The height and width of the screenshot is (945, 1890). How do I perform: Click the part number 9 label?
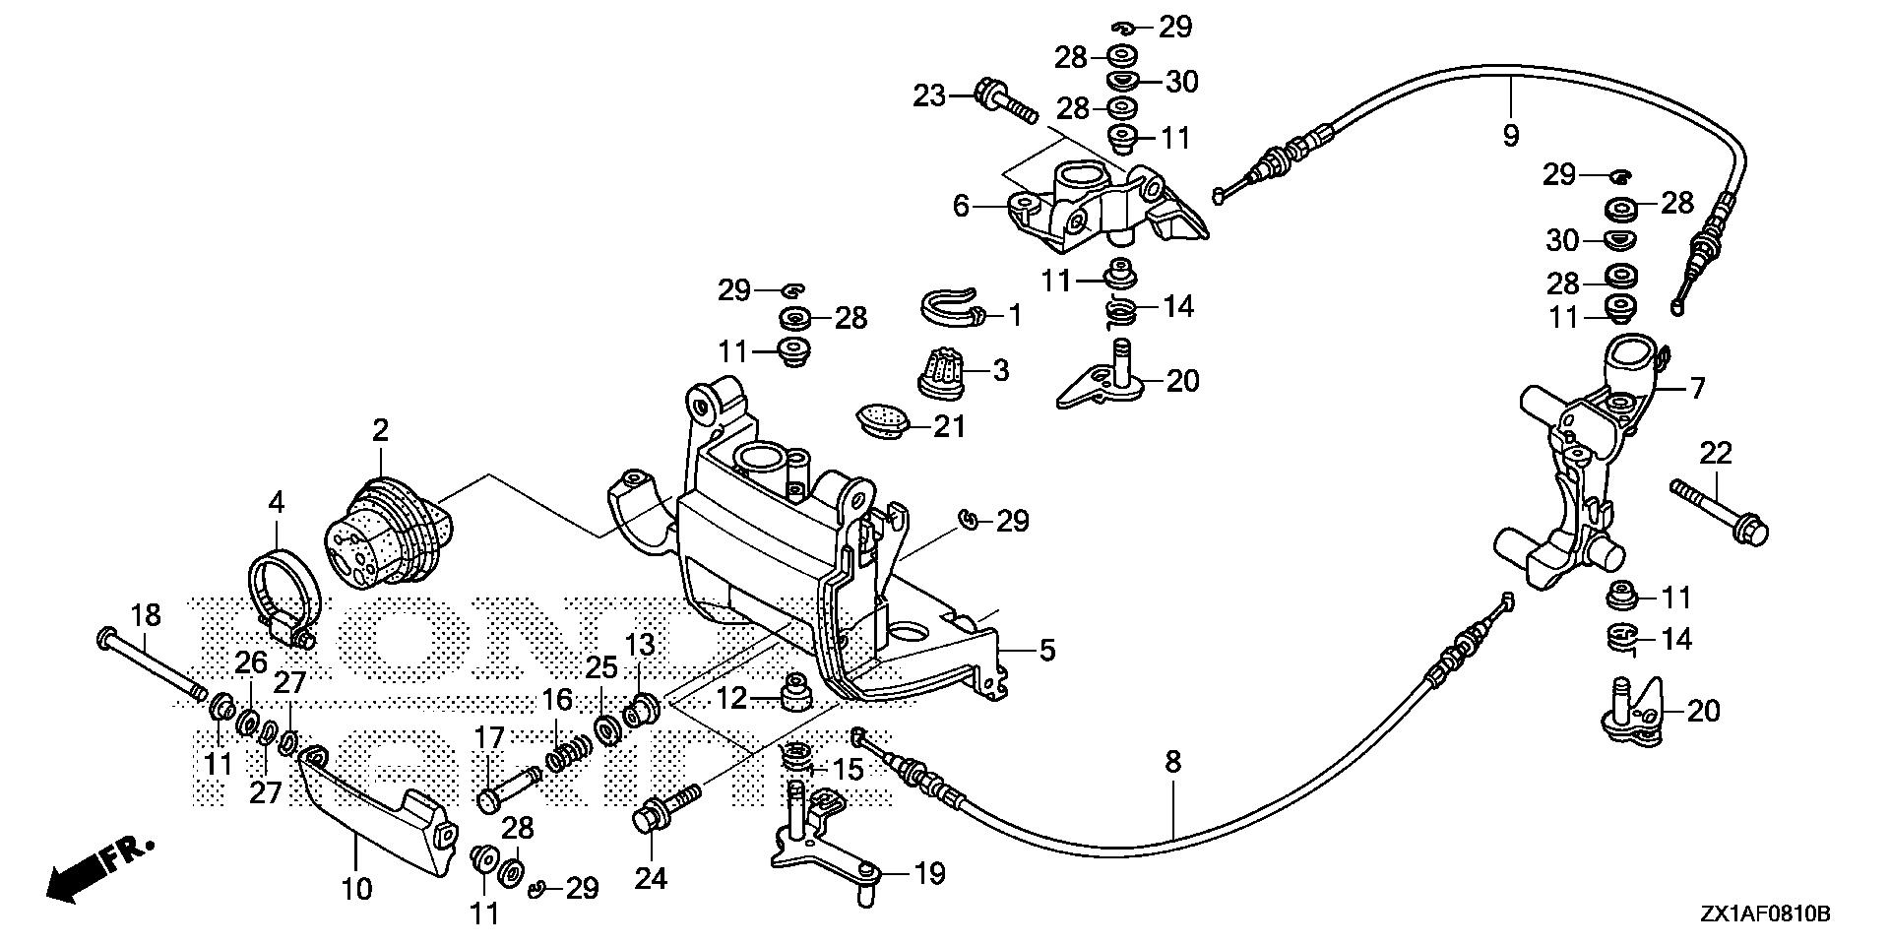click(1510, 135)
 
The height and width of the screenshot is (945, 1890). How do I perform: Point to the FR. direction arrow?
click(98, 867)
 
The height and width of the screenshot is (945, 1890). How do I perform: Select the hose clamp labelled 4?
click(283, 597)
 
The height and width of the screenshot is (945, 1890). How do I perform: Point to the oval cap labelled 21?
click(879, 418)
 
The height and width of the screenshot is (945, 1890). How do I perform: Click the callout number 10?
click(356, 889)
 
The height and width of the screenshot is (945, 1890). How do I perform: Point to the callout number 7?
click(1697, 388)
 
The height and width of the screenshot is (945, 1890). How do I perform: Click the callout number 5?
click(1046, 650)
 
